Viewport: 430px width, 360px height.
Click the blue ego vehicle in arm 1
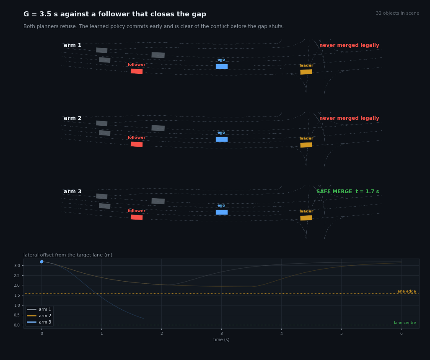pos(222,66)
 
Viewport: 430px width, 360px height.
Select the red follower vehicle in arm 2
pos(137,144)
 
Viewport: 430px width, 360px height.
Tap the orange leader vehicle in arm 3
pos(306,218)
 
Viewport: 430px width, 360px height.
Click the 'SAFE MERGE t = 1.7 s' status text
pos(347,192)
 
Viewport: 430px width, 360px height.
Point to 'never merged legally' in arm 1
pos(349,45)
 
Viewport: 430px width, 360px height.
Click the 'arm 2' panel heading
pos(73,118)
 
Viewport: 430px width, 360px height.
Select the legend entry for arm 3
pos(39,322)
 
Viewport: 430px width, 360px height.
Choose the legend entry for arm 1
pos(39,309)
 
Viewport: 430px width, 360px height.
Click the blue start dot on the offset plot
pos(41,262)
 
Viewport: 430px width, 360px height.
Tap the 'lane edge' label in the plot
pos(406,291)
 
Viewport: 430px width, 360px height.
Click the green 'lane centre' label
pos(405,323)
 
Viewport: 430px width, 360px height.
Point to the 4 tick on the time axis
pos(281,334)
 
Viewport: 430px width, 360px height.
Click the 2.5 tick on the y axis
pos(17,275)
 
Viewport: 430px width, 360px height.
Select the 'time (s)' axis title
pos(221,339)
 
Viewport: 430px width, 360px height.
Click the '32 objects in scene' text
pos(397,13)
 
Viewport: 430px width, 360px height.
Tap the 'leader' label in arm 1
pos(306,65)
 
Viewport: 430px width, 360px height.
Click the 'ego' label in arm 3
pos(221,205)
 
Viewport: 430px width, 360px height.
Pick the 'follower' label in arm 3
pos(137,210)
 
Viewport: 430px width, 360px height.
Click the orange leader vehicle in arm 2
pos(306,145)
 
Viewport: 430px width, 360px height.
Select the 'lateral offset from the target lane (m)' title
pos(68,255)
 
